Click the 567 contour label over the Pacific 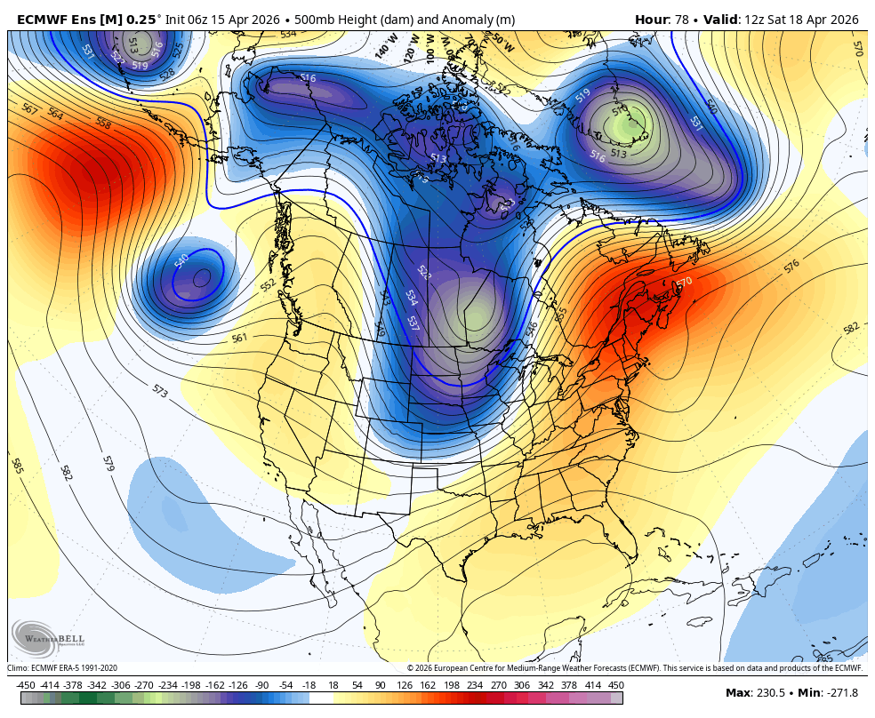(29, 109)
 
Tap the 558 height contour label (103, 124)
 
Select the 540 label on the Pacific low (182, 260)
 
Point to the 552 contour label (269, 284)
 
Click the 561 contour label (239, 339)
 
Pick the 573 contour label (160, 390)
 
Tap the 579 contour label (108, 463)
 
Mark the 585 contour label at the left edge (17, 465)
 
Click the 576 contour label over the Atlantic (791, 265)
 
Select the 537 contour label (413, 323)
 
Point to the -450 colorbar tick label (26, 686)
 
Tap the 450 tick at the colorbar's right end (616, 686)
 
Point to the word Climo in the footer (18, 668)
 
